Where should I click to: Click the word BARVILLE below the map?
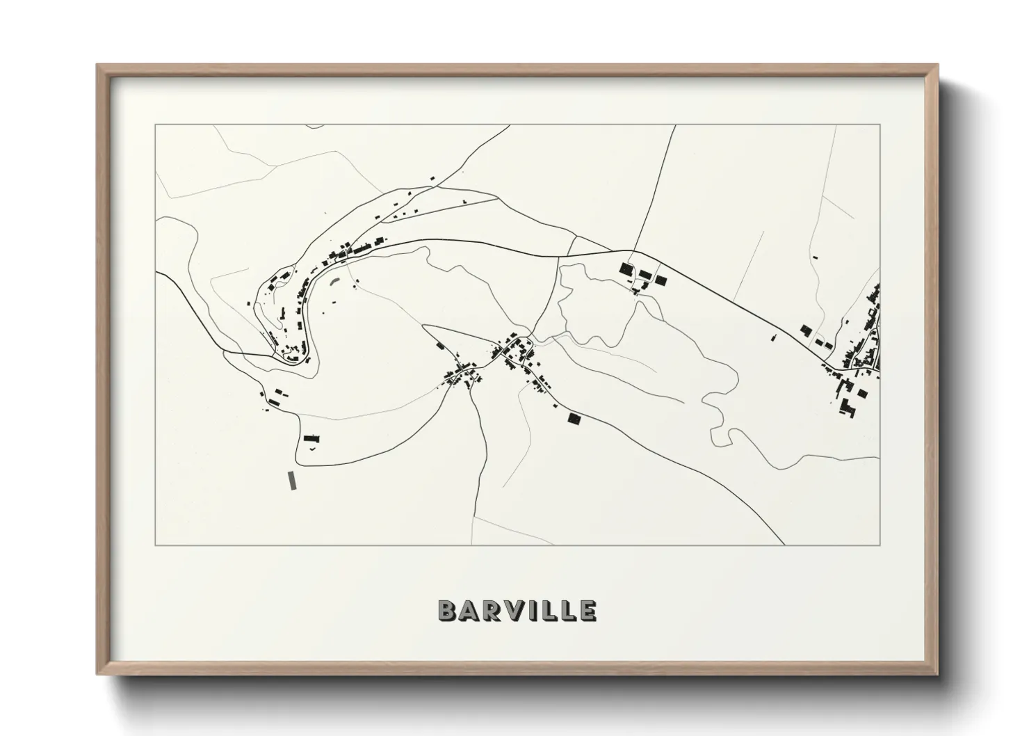tap(517, 610)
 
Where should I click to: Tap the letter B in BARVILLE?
tap(446, 610)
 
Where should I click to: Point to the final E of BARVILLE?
tap(588, 610)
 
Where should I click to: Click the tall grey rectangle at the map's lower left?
tap(291, 481)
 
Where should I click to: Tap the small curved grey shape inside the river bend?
tap(335, 282)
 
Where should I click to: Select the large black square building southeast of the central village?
tap(574, 417)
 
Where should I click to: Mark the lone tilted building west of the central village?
tap(439, 345)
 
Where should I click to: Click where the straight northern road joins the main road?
tap(633, 251)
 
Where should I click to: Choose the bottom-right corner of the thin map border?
tap(880, 545)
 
